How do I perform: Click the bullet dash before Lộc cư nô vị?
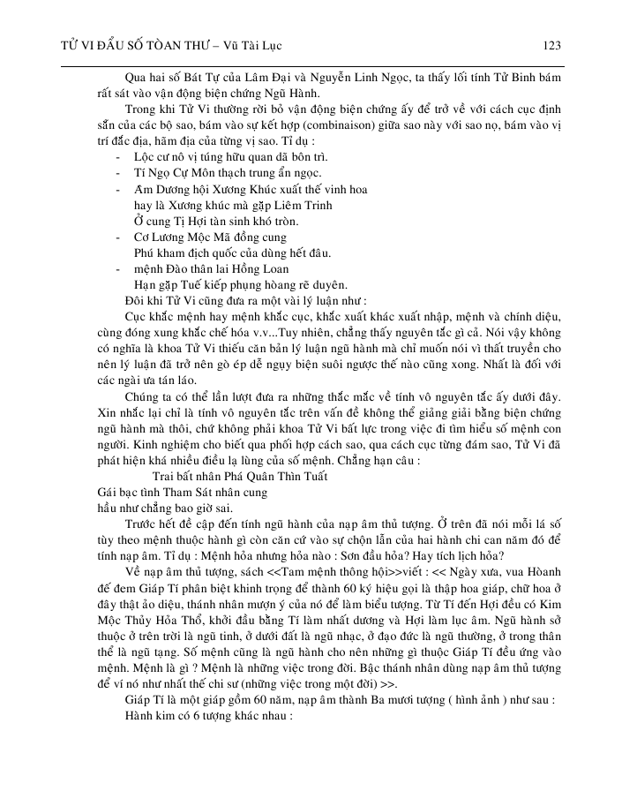[x=119, y=157]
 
